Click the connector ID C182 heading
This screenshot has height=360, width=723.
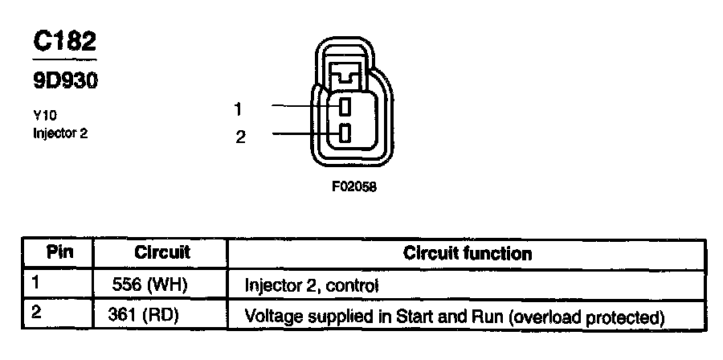[64, 42]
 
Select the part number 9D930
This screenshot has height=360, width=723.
[64, 80]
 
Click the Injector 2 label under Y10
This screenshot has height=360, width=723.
[60, 133]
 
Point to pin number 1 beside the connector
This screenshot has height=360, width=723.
[239, 108]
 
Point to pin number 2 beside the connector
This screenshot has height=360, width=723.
[239, 137]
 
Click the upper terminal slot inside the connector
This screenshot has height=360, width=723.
[344, 106]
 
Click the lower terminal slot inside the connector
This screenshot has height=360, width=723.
[344, 133]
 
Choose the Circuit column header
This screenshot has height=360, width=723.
[161, 252]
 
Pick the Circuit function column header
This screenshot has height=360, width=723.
[467, 254]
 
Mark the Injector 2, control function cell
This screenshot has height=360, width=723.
[310, 285]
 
